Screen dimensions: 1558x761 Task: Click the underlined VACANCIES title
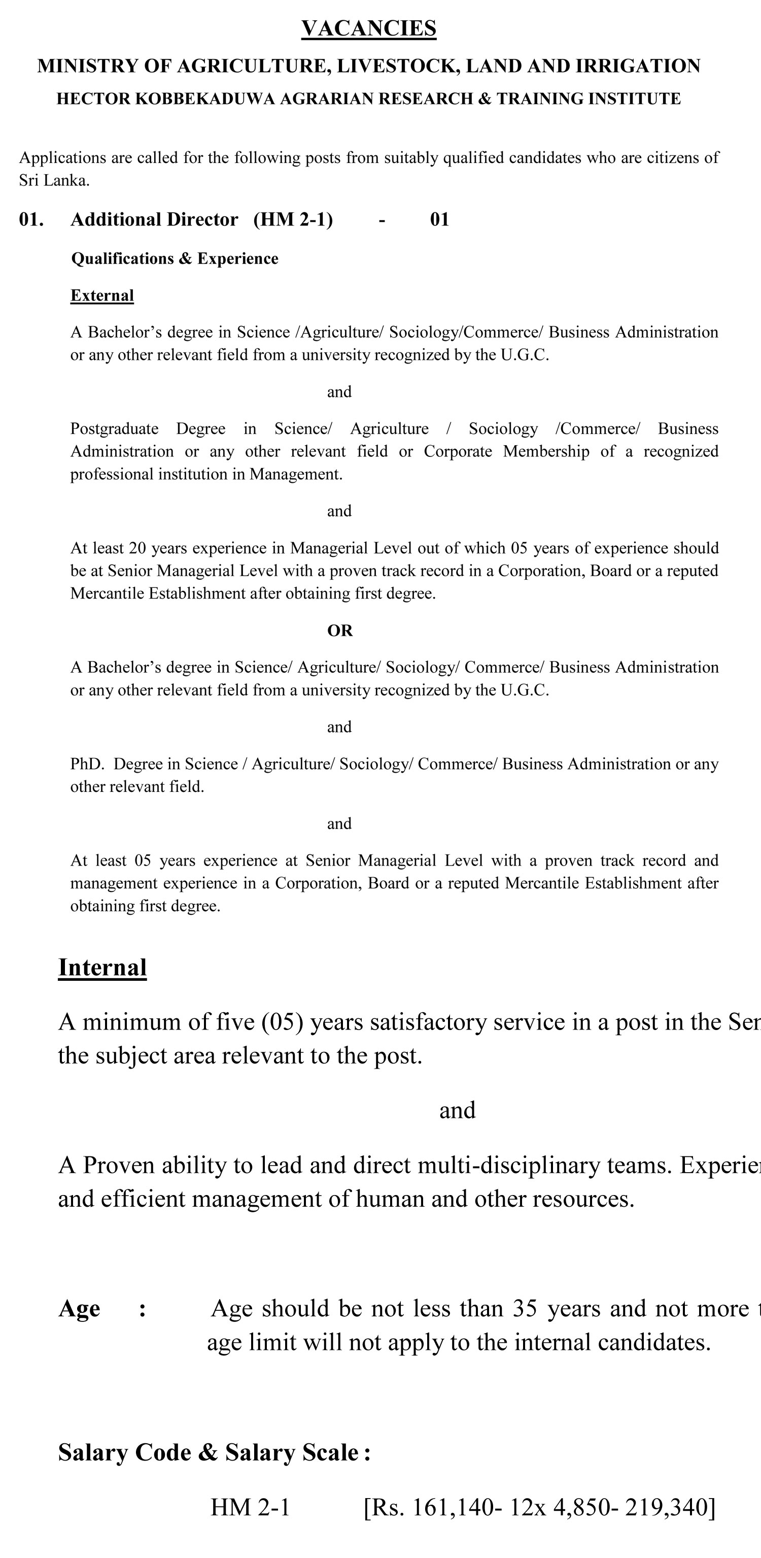coord(369,28)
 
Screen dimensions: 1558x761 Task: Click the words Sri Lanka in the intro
coord(53,180)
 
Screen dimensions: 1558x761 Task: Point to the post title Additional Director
coord(154,219)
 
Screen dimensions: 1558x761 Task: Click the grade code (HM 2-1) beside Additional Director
coord(293,219)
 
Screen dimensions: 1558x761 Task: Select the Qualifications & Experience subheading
coord(175,258)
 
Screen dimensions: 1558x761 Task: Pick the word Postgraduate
coord(114,429)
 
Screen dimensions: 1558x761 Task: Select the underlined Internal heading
coord(102,967)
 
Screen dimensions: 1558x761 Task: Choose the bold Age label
coord(79,1308)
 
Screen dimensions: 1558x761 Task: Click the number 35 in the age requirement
coord(525,1308)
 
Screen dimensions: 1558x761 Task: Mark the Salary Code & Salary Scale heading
coord(214,1452)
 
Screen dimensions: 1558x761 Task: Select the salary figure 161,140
coord(453,1507)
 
